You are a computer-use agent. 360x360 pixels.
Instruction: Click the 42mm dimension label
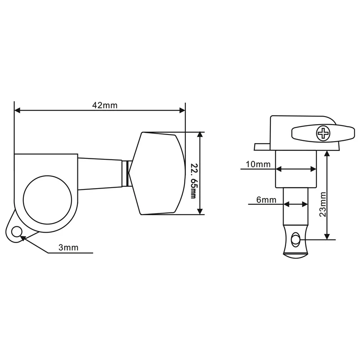pyautogui.click(x=105, y=105)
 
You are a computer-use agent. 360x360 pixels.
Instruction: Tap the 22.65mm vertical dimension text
pyautogui.click(x=193, y=181)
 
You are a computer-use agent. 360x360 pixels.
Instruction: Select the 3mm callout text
pyautogui.click(x=68, y=247)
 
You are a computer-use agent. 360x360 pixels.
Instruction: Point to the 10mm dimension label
pyautogui.click(x=258, y=164)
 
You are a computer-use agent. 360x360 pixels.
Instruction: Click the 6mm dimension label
pyautogui.click(x=266, y=200)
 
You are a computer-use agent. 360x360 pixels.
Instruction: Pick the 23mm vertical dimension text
pyautogui.click(x=323, y=205)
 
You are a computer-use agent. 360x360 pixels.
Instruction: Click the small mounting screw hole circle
pyautogui.click(x=17, y=232)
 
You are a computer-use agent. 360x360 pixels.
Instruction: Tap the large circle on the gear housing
pyautogui.click(x=47, y=200)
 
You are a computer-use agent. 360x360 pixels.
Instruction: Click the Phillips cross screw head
pyautogui.click(x=323, y=133)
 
